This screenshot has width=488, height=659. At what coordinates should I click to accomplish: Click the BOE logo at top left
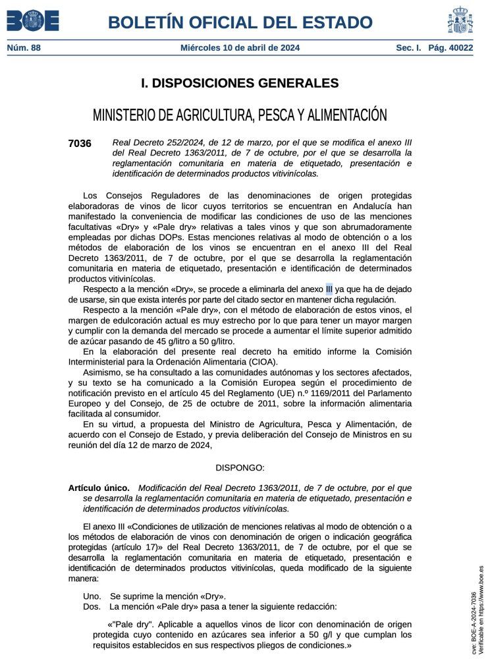point(33,21)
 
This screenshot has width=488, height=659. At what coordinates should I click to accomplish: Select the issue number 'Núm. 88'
point(24,48)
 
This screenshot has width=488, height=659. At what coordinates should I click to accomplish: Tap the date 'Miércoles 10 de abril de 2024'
point(240,48)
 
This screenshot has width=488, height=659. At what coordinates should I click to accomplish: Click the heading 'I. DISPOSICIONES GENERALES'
point(240,83)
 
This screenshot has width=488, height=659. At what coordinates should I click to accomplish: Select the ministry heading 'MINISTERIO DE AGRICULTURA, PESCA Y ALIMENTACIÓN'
point(240,115)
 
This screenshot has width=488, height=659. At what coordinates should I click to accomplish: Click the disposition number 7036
point(80,143)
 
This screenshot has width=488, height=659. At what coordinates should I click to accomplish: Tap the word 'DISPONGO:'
point(240,467)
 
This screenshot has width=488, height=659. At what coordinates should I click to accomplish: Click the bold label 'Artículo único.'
point(99,488)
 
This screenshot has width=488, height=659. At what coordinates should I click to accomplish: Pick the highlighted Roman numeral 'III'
point(329,288)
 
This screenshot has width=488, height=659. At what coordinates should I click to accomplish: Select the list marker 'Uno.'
point(92,596)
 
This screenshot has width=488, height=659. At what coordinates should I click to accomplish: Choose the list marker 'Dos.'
point(92,606)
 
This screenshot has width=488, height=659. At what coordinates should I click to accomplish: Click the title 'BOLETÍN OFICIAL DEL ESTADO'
point(240,22)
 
